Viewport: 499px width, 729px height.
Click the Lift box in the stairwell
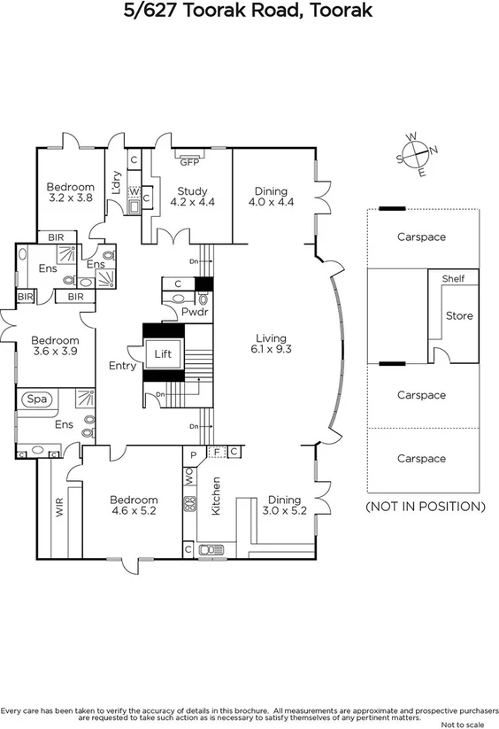163,353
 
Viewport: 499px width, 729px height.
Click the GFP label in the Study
188,162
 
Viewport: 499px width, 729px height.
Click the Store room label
459,315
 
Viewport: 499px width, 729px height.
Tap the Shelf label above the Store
453,279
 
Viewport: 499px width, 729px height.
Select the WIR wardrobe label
60,508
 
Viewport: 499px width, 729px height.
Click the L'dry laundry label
116,181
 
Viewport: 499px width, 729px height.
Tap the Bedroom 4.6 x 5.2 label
134,505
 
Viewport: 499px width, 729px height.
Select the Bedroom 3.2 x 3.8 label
70,193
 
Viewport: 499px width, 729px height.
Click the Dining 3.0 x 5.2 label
284,505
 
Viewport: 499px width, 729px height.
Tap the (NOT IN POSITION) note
425,507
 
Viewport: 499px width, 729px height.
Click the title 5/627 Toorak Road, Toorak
249,12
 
